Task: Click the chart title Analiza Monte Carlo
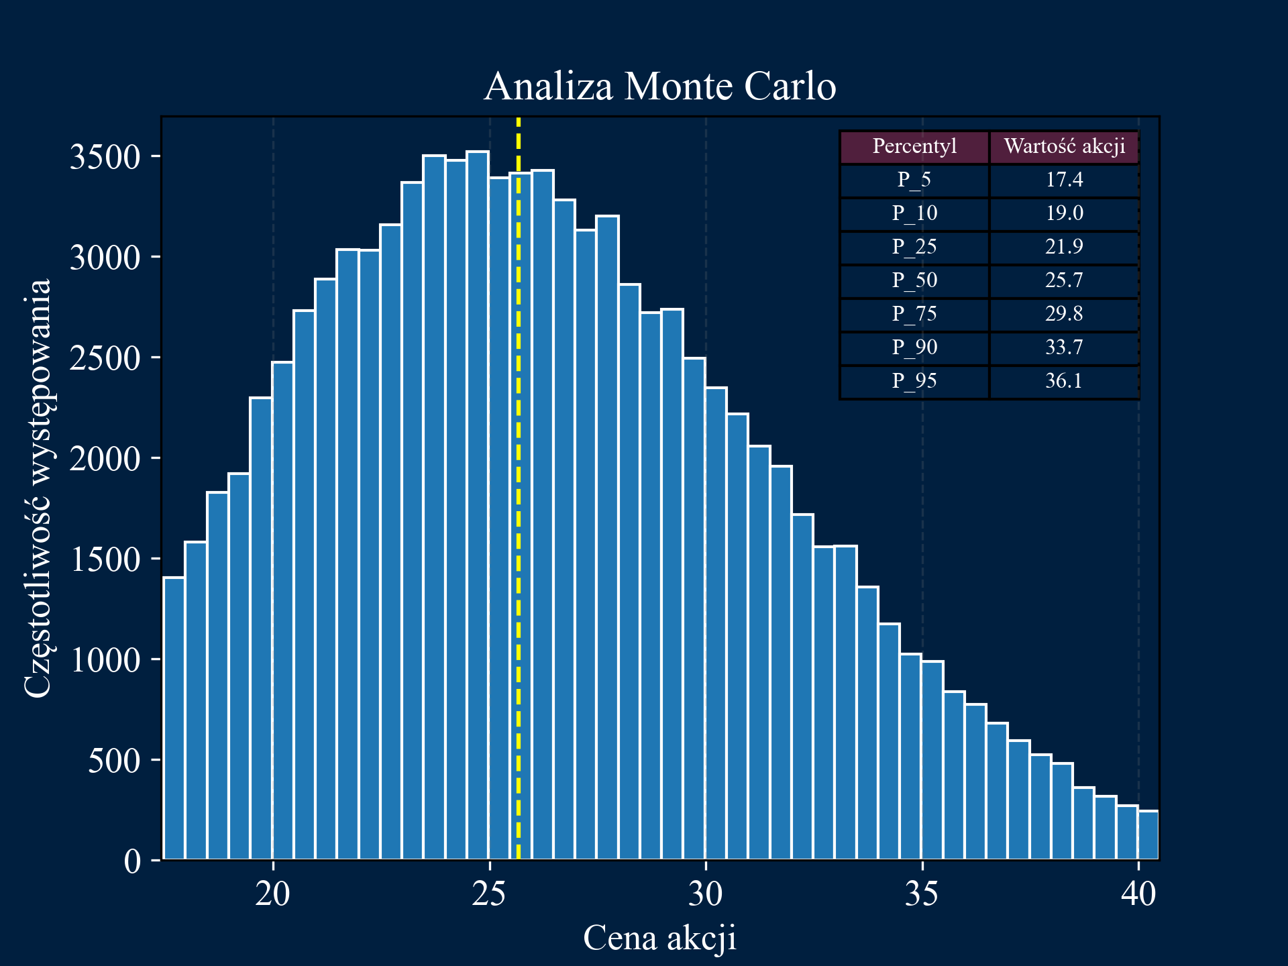click(x=659, y=87)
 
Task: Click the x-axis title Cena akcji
click(x=659, y=937)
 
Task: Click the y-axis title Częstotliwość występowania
click(x=38, y=488)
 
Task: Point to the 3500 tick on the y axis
click(x=105, y=157)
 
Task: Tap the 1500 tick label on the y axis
click(x=105, y=559)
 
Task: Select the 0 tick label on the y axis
click(x=132, y=861)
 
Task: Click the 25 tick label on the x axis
click(x=489, y=894)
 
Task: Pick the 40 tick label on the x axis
click(x=1138, y=894)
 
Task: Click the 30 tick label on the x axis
click(x=706, y=894)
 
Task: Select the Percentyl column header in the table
click(x=914, y=146)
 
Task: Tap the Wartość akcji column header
click(x=1064, y=146)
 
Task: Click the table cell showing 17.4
click(x=1064, y=180)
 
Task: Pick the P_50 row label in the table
click(x=914, y=280)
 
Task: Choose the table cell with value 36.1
click(x=1064, y=381)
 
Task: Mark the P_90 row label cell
click(x=914, y=347)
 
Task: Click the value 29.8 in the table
click(x=1064, y=314)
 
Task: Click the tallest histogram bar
click(x=478, y=503)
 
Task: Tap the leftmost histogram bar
click(x=174, y=718)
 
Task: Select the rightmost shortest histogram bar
click(x=1148, y=835)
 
